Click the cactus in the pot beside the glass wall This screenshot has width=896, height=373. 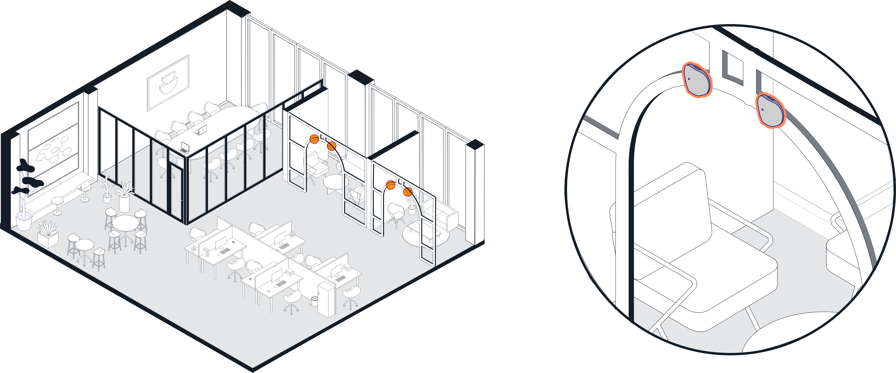106,190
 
